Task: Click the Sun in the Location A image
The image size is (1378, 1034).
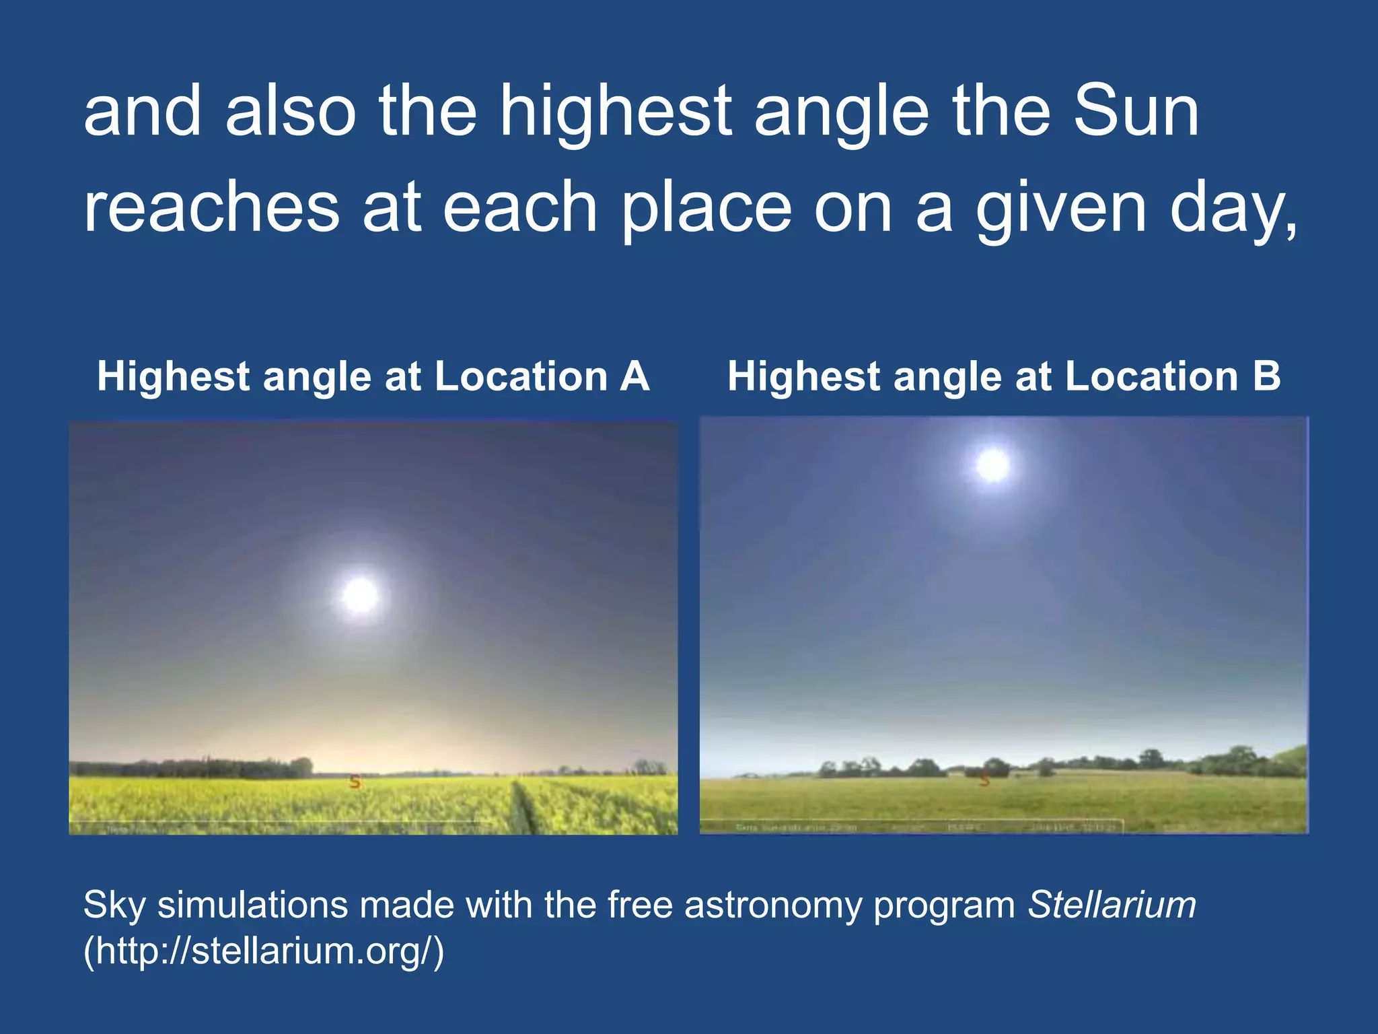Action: click(x=360, y=595)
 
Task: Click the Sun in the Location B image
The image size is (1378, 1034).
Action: click(x=993, y=465)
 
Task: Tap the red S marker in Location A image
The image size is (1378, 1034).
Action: click(x=355, y=782)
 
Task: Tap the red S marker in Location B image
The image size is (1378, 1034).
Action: click(x=985, y=780)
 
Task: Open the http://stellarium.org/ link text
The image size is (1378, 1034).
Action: click(x=264, y=951)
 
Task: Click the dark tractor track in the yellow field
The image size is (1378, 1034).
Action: click(x=525, y=808)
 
